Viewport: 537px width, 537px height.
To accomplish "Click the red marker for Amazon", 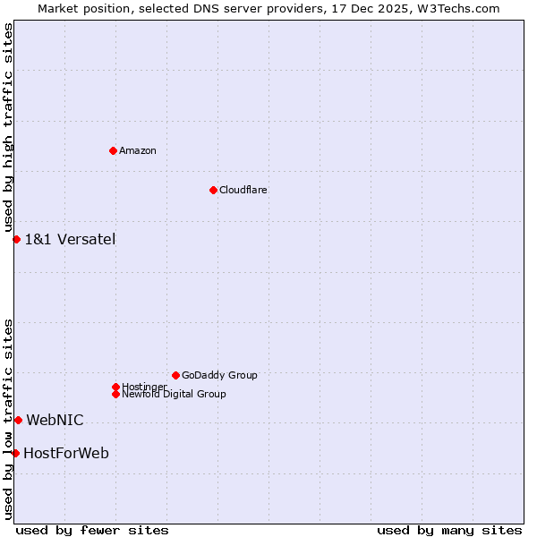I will point(113,150).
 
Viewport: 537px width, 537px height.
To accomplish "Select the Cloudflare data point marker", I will point(213,190).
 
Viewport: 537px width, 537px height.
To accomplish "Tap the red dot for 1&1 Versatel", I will point(16,239).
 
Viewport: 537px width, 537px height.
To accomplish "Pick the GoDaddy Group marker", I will point(175,375).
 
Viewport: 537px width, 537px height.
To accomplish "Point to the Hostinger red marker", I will point(115,387).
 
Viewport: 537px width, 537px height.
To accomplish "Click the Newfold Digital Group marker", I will point(115,394).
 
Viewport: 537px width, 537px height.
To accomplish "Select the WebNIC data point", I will point(18,420).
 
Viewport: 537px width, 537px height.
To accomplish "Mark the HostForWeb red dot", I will point(15,453).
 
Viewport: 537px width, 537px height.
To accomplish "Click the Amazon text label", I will point(138,150).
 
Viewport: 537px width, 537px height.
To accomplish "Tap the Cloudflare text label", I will point(243,190).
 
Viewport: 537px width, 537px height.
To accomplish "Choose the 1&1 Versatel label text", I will point(70,239).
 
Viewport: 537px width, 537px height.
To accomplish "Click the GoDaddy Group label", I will point(219,375).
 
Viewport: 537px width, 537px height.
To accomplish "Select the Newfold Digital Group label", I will point(174,394).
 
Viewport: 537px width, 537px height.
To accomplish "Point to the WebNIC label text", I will point(55,420).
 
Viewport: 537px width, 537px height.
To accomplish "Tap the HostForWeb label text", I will point(66,453).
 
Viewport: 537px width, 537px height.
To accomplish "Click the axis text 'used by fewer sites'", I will point(92,530).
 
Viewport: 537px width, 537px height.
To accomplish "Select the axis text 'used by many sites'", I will point(449,530).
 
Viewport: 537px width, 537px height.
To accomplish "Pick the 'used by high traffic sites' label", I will point(8,128).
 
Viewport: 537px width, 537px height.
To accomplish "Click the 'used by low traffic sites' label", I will point(8,419).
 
